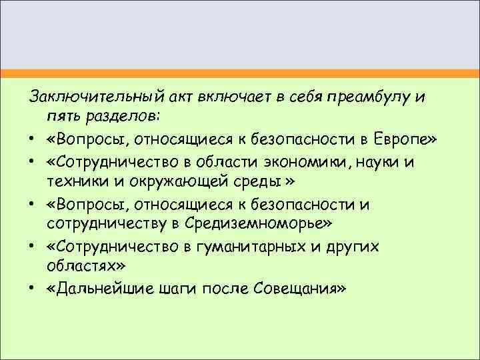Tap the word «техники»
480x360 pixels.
tap(73, 181)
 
